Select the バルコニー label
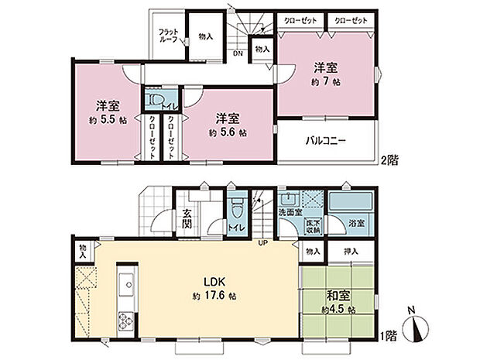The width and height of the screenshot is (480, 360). [324, 142]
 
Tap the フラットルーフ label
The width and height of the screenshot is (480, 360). [168, 35]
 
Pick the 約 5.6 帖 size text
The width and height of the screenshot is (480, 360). [228, 132]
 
